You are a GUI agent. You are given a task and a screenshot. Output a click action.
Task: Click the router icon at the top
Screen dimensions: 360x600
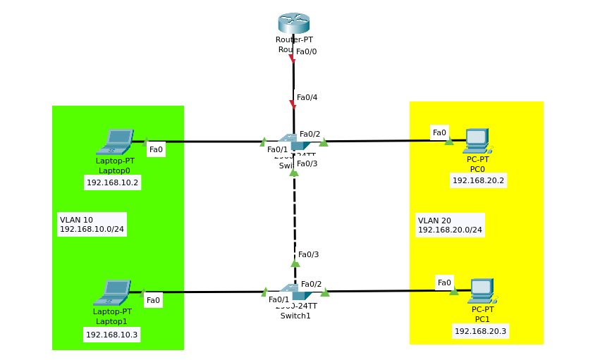tap(293, 23)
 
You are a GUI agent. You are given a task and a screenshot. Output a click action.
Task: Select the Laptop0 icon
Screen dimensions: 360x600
tap(114, 142)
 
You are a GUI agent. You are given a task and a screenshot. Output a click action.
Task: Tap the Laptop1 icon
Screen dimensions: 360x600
tap(112, 292)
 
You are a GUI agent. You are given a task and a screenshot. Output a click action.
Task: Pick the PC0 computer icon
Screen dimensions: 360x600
tap(477, 140)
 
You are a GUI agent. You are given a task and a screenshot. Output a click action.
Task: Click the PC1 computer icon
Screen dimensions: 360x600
tap(481, 291)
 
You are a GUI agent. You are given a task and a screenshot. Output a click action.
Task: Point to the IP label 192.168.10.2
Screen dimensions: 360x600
tap(113, 182)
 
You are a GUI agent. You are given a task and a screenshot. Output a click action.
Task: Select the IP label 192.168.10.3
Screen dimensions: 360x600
tap(111, 335)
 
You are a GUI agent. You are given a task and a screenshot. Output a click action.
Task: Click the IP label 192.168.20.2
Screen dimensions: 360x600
tap(478, 180)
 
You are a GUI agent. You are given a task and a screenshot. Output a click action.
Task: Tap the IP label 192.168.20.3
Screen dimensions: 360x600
tap(480, 331)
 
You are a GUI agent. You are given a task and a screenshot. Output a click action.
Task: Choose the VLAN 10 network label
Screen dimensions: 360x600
tap(92, 224)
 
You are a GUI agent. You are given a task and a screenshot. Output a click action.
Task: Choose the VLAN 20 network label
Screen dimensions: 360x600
tap(450, 225)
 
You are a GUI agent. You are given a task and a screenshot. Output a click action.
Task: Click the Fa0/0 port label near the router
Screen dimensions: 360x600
tap(306, 51)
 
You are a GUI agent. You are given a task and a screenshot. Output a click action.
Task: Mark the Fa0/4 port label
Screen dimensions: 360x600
tap(307, 97)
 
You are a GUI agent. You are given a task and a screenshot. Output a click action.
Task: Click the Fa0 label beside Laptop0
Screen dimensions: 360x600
tap(156, 149)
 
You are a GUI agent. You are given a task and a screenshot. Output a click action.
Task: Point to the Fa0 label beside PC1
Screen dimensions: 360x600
tap(444, 283)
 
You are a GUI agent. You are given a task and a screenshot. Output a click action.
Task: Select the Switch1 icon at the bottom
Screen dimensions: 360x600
tap(294, 292)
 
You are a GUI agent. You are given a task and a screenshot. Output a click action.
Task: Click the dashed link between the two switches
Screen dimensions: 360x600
tap(295, 211)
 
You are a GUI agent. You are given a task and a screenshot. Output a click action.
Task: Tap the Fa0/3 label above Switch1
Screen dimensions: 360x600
tap(308, 254)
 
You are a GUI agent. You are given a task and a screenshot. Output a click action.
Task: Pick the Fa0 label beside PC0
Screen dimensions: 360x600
tap(439, 132)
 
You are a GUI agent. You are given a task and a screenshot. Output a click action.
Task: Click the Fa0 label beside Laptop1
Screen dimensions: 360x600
tap(153, 300)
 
